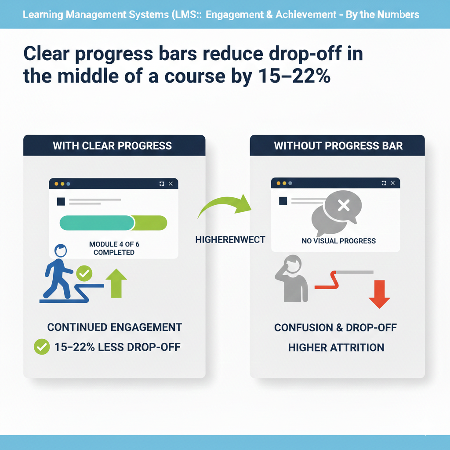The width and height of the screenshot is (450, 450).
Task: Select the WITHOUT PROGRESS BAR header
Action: (338, 145)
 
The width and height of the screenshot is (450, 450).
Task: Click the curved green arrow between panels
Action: (224, 206)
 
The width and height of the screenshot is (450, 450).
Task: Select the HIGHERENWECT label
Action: (230, 240)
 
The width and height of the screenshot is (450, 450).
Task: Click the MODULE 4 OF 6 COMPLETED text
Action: (114, 248)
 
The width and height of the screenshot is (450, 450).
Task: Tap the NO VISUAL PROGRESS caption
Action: (338, 241)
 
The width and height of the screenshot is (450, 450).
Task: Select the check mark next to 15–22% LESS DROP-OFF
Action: (41, 347)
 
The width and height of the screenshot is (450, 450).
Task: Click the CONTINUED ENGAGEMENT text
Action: (114, 327)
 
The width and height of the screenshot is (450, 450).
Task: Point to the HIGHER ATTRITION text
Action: (336, 348)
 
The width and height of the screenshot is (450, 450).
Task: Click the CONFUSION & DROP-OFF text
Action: (336, 328)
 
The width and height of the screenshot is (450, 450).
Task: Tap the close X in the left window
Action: (171, 184)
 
